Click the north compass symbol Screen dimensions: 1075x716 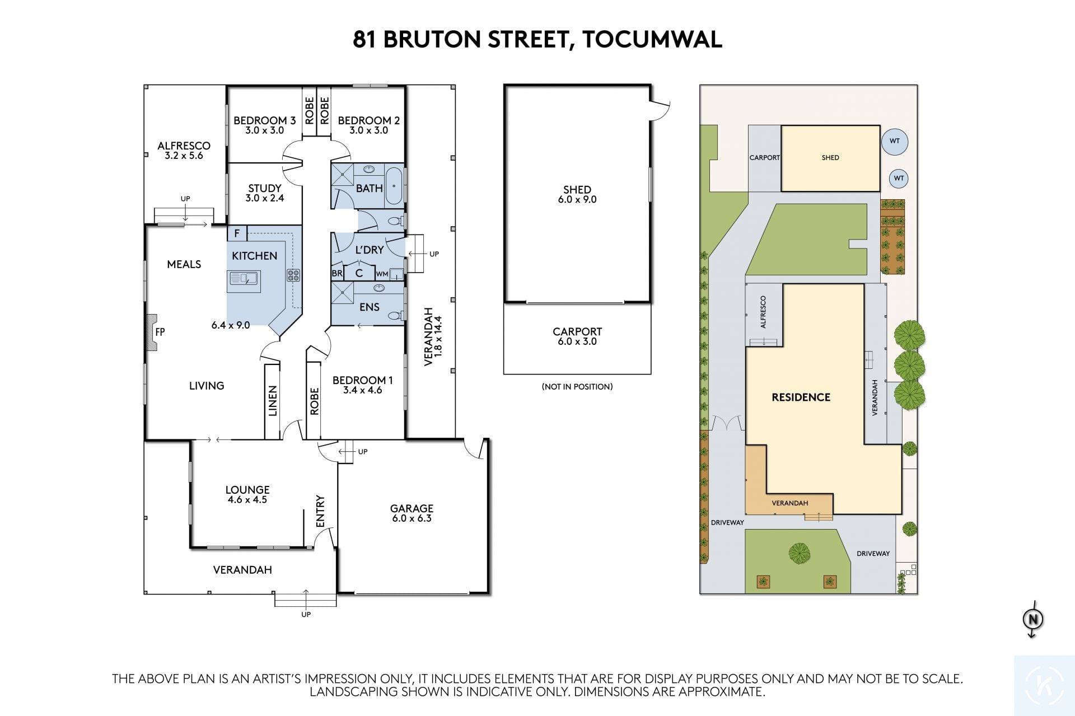1033,619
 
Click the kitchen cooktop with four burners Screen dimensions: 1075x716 293,275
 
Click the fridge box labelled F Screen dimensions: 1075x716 237,233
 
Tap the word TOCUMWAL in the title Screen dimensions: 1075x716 652,39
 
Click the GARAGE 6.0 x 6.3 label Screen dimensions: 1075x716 412,513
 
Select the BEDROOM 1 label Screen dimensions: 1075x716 363,385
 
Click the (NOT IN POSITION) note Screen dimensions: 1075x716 577,386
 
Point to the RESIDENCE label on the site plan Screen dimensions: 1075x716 801,397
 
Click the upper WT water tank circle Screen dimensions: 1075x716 895,141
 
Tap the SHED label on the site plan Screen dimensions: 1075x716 830,158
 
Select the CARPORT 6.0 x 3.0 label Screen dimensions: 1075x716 577,336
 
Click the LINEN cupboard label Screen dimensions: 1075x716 273,401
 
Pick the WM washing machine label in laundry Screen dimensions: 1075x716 382,274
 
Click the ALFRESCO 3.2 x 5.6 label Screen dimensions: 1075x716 184,151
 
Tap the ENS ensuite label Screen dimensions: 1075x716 370,307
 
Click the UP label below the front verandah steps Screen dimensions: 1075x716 306,614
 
